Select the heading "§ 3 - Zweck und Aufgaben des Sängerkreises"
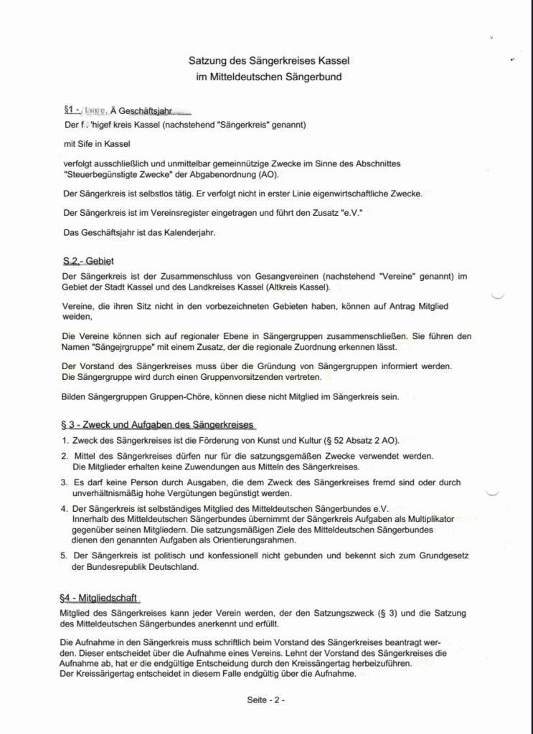(158, 424)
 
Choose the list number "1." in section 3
(65, 440)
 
